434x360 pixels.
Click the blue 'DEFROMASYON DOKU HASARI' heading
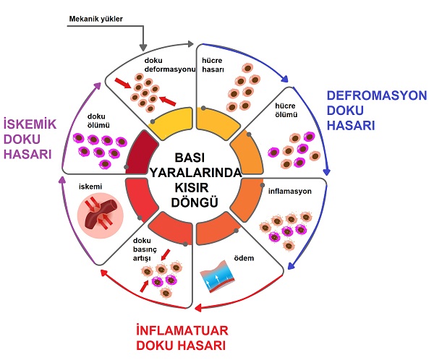click(366, 110)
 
